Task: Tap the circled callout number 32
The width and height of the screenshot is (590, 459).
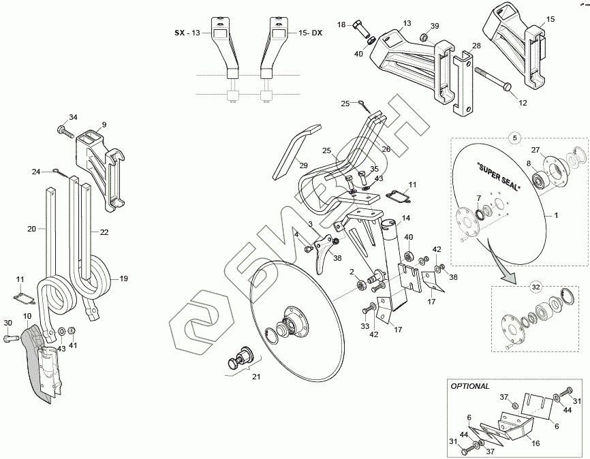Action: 536,287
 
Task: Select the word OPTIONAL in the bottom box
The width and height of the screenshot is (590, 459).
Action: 470,386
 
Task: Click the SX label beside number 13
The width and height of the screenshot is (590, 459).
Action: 179,33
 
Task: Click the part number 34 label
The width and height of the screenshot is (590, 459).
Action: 74,116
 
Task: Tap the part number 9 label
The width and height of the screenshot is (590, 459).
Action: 104,125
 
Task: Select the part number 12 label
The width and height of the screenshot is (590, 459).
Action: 523,103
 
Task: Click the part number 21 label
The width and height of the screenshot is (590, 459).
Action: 256,377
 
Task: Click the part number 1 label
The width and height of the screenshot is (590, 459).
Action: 557,215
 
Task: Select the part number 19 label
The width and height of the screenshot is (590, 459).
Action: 124,279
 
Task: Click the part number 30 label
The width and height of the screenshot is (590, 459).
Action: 7,322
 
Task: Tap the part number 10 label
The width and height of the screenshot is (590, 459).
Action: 27,316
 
